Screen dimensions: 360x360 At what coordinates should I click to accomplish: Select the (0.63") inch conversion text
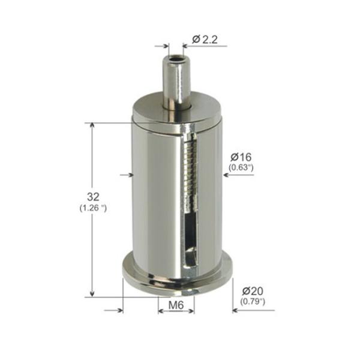pyautogui.click(x=241, y=167)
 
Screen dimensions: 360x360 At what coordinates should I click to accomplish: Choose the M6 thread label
pyautogui.click(x=176, y=305)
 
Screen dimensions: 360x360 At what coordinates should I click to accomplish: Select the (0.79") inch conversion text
pyautogui.click(x=251, y=300)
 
